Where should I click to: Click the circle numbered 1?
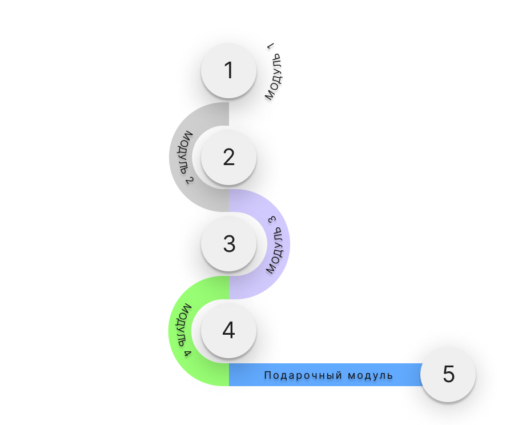coord(229,70)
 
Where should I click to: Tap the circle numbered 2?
coord(229,157)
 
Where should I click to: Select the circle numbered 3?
coord(229,244)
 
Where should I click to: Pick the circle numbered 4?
coord(229,330)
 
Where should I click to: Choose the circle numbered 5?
coord(448,374)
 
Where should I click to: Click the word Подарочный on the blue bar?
coord(303,375)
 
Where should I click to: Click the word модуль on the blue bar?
coord(370,375)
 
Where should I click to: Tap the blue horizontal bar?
coord(326,375)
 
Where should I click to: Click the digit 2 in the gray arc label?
coord(190,180)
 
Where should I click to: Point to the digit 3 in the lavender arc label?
coord(272,220)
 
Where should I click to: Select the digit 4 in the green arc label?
coord(188,352)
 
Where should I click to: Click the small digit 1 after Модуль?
coord(271,46)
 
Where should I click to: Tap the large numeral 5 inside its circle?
coord(448,374)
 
